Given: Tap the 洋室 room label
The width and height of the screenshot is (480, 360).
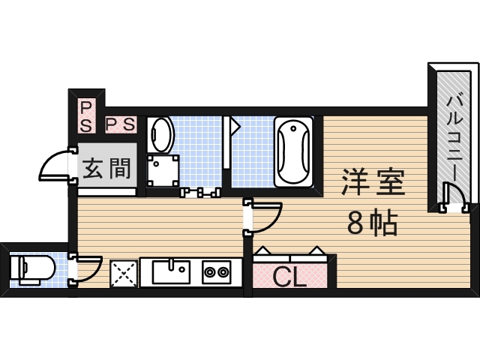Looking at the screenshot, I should tap(373, 182).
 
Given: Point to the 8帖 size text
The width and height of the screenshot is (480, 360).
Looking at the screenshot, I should tap(372, 223).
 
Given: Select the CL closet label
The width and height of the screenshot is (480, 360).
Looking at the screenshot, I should tap(289, 277).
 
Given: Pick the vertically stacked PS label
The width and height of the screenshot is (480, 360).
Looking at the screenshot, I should tap(85, 117).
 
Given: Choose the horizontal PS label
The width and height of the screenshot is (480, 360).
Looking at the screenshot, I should tap(120, 124).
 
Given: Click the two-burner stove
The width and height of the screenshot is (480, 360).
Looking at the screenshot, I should tap(217, 271).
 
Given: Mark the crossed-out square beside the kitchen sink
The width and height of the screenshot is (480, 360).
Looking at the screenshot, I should tap(124, 273).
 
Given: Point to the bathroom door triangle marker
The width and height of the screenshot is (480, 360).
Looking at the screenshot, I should tap(233, 126).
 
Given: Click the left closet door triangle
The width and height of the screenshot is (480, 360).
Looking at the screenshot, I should tap(263, 251).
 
